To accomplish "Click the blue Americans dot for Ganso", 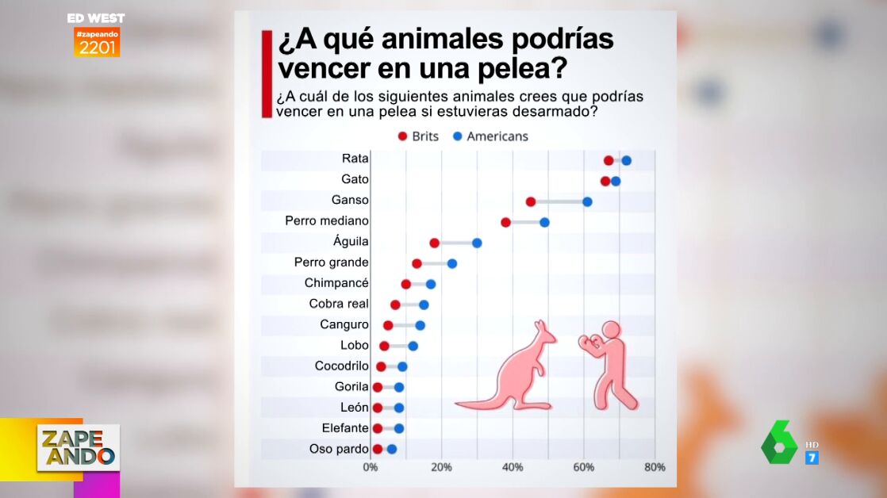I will tap(587, 201).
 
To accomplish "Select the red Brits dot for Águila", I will tap(434, 243).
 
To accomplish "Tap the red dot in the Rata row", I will tap(609, 160).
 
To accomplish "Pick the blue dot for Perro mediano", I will tap(544, 222).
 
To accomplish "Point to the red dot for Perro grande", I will tap(417, 263).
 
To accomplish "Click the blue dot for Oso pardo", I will tap(391, 449).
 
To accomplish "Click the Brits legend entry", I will tap(418, 136).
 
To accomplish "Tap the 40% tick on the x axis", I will tap(513, 467).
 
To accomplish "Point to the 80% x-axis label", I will tap(654, 467).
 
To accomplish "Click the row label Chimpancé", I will tap(336, 283).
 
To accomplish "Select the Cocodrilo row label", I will tap(341, 366).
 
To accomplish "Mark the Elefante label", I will tap(345, 428).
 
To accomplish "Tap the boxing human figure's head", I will tap(611, 331).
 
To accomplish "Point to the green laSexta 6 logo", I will tap(779, 442).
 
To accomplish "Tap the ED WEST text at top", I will tap(96, 18).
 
